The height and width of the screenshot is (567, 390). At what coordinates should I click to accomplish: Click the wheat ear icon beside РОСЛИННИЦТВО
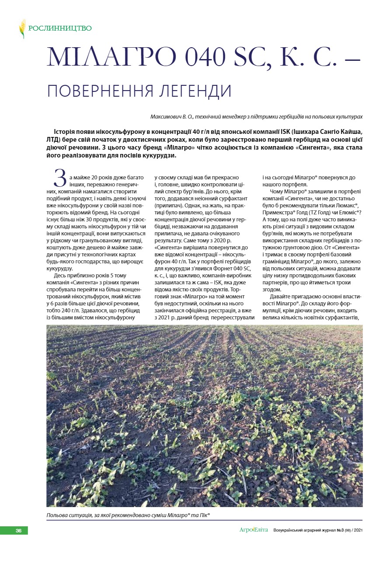22,28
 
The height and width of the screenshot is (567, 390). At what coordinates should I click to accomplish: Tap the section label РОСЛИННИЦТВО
60,28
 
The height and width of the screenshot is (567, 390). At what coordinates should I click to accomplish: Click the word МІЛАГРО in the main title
106,57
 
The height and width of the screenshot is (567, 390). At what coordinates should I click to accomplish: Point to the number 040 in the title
199,57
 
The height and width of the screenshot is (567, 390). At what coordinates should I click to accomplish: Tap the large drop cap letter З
59,178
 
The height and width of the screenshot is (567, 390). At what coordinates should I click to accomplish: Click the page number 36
18,531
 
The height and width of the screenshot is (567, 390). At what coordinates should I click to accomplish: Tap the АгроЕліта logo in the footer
254,530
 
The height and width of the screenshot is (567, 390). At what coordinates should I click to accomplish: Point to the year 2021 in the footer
358,531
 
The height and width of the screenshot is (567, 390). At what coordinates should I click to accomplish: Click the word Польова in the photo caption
59,515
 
